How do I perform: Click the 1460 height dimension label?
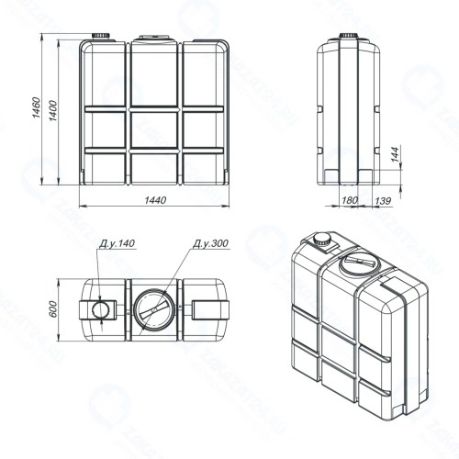pyautogui.click(x=36, y=107)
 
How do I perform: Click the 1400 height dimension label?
pyautogui.click(x=53, y=110)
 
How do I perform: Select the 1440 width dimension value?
pyautogui.click(x=155, y=200)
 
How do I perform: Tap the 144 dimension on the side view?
pyautogui.click(x=395, y=154)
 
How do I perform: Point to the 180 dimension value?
pyautogui.click(x=350, y=200)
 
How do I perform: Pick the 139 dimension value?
pyautogui.click(x=383, y=201)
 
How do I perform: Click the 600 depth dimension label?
pyautogui.click(x=53, y=309)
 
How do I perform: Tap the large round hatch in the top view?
pyautogui.click(x=154, y=310)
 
